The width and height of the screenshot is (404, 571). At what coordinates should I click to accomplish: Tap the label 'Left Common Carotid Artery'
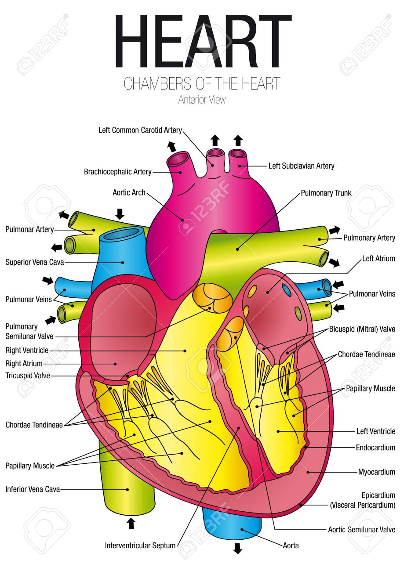pyautogui.click(x=140, y=130)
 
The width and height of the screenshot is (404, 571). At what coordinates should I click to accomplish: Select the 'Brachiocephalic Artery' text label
pyautogui.click(x=117, y=172)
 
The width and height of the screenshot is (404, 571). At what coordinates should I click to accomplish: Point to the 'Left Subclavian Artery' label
pyautogui.click(x=301, y=166)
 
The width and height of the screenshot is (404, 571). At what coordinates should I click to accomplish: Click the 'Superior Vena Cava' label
pyautogui.click(x=35, y=262)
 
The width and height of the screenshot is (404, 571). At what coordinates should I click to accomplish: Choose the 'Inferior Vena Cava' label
pyautogui.click(x=33, y=489)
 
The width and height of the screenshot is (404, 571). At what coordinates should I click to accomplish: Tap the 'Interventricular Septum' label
pyautogui.click(x=140, y=546)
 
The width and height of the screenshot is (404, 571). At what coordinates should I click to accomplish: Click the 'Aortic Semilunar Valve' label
pyautogui.click(x=361, y=529)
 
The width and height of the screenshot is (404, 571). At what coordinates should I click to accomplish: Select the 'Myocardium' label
pyautogui.click(x=376, y=472)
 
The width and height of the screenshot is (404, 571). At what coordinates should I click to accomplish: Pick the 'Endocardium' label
pyautogui.click(x=375, y=448)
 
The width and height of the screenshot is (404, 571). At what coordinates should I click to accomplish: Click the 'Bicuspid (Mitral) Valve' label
pyautogui.click(x=362, y=329)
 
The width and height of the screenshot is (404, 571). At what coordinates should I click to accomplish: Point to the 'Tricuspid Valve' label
pyautogui.click(x=28, y=376)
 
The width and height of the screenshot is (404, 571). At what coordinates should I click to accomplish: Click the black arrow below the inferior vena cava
pyautogui.click(x=131, y=523)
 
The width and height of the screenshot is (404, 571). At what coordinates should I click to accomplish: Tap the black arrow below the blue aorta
pyautogui.click(x=237, y=548)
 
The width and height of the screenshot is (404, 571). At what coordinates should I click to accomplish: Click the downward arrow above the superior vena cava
pyautogui.click(x=120, y=213)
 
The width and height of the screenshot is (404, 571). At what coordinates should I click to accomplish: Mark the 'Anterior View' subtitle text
pyautogui.click(x=202, y=100)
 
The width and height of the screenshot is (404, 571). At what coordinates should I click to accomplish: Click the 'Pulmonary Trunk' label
pyautogui.click(x=326, y=193)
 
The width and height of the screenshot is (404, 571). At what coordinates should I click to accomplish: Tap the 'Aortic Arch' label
pyautogui.click(x=129, y=192)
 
